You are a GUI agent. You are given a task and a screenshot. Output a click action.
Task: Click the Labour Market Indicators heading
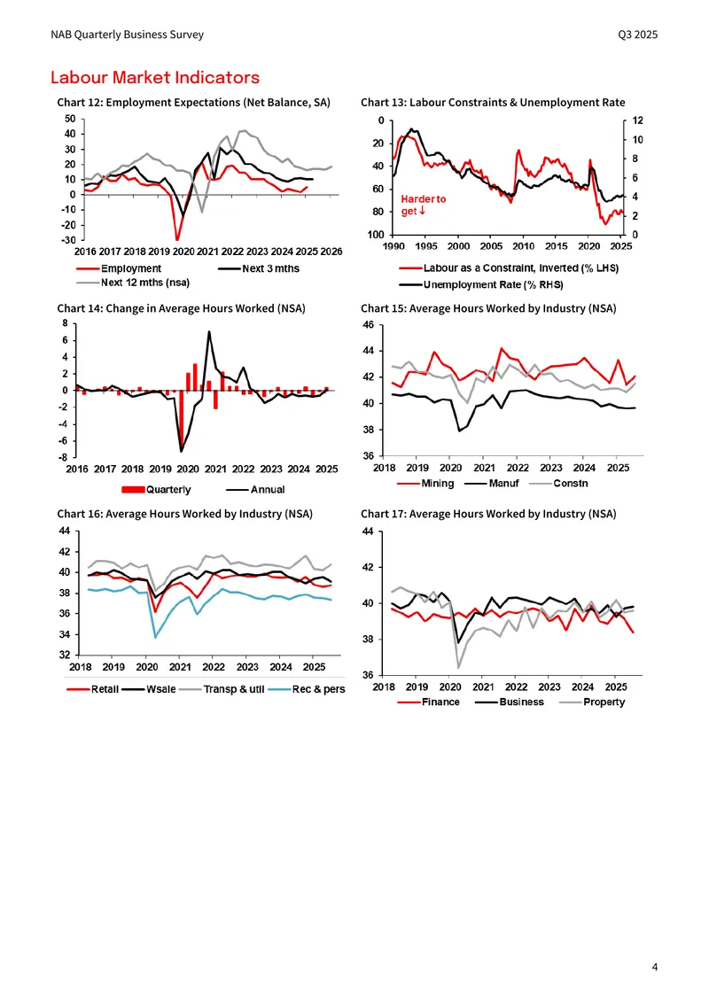coord(155,77)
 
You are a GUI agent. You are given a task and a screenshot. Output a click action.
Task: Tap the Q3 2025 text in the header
coord(637,35)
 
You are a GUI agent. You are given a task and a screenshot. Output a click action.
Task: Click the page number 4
coord(655,967)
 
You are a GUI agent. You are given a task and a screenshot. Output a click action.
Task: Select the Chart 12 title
coord(193,102)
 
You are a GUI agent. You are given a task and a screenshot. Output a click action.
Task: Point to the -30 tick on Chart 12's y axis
coord(68,240)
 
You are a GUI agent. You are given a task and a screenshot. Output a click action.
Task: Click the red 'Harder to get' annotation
coord(423,205)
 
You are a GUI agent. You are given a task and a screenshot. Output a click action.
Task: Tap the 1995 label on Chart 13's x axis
coord(426,246)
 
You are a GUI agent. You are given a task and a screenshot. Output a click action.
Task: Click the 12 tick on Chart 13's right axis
coord(637,120)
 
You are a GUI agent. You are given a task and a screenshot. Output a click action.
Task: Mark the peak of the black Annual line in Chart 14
coord(209,331)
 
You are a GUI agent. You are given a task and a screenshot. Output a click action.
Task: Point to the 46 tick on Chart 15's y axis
coord(369,325)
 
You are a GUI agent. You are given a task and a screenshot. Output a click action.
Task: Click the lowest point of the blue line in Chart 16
coord(156,637)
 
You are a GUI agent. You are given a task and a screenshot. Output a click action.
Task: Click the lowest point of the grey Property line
coord(458,668)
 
